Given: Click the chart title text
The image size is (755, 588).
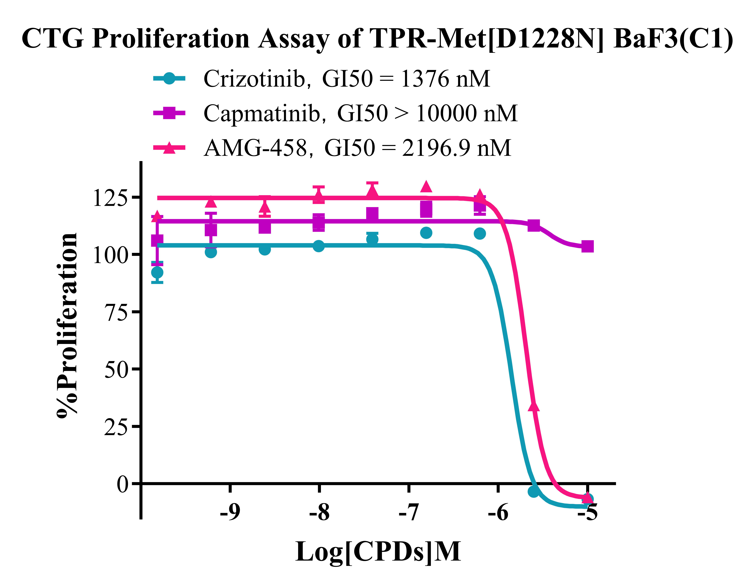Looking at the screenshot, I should [377, 39].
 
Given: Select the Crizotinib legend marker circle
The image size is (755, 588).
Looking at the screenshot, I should [169, 79].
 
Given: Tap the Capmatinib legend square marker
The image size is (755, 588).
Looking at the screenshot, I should [169, 113].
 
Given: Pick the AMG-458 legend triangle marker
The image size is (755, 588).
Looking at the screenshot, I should [169, 148].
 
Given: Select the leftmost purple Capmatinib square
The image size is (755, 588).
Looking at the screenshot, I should [157, 240].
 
